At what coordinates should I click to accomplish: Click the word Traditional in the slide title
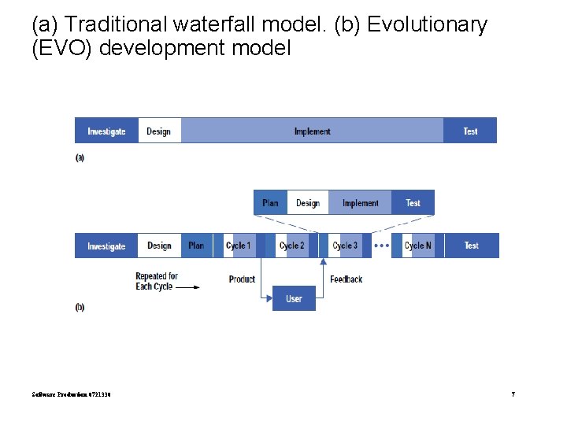coord(117,25)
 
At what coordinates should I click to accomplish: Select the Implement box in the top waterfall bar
coord(312,131)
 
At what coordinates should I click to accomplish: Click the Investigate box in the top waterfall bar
coord(106,131)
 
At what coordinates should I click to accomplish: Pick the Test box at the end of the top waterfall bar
coord(470,131)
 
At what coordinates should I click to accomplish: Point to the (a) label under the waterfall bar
coord(80,157)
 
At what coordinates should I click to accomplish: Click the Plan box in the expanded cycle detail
coord(270,203)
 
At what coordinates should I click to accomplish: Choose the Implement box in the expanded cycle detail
coord(360,203)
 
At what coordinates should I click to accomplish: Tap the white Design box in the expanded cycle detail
coord(308,203)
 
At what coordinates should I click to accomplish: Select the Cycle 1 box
coord(239,246)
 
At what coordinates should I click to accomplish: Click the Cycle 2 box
coord(291,246)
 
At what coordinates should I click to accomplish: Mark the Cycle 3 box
coord(345,246)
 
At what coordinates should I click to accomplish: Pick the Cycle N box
coord(417,246)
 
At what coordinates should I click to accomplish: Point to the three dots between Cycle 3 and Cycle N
coord(381,246)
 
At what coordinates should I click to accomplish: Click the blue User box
coord(294,299)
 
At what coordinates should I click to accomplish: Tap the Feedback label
coord(346,279)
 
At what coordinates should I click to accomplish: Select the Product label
coord(242,279)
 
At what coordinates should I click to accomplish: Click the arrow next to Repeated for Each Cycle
coord(187,287)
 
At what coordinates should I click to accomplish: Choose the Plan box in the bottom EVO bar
coord(196,246)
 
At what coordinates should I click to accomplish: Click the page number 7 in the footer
coord(513,394)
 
